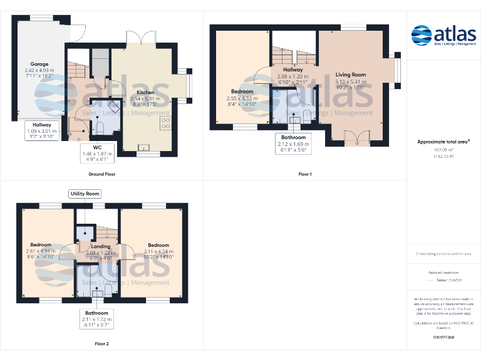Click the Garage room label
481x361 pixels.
click(x=39, y=64)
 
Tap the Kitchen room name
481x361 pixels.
click(x=145, y=92)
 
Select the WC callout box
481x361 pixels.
click(x=97, y=154)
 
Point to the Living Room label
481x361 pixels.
click(x=350, y=75)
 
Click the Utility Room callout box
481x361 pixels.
click(x=85, y=194)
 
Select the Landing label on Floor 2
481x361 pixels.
click(x=101, y=246)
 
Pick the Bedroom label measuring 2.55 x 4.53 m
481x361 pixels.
click(x=242, y=92)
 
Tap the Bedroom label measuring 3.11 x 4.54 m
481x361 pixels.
click(x=158, y=245)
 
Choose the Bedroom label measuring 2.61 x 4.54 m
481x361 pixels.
click(x=41, y=245)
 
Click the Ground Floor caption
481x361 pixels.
click(x=101, y=174)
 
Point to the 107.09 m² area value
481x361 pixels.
click(x=443, y=150)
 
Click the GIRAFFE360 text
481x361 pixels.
click(x=443, y=337)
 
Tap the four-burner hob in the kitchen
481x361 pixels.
click(x=165, y=123)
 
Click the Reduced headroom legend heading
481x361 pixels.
click(x=443, y=273)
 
